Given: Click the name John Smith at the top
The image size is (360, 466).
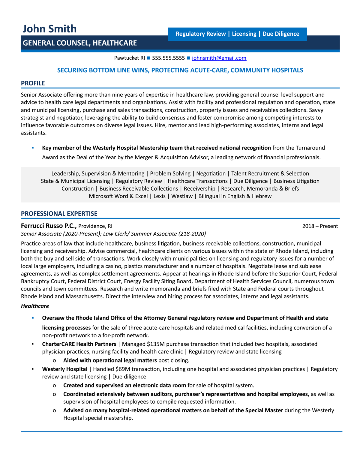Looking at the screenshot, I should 49,29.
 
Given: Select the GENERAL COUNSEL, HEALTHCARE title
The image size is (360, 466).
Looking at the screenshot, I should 80,43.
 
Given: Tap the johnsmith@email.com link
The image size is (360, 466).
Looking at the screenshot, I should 219,58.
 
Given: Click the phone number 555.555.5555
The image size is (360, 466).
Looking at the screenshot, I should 168,58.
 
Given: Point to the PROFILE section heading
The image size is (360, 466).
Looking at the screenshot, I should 33,83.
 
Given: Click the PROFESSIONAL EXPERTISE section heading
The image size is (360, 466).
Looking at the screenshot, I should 59,214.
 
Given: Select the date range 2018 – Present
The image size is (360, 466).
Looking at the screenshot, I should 320,226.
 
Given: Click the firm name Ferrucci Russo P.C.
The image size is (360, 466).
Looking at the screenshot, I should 49,226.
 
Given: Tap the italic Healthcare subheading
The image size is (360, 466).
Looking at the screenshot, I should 35,306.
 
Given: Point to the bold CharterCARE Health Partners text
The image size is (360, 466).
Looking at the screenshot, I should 79,344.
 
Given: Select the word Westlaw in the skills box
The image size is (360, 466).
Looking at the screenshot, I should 181,196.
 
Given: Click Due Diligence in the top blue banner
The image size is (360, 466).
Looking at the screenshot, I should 281,34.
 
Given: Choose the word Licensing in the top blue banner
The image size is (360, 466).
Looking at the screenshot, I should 244,34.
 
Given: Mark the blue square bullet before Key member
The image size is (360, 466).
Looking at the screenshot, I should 33,148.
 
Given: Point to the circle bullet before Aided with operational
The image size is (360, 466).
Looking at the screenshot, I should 54,360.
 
